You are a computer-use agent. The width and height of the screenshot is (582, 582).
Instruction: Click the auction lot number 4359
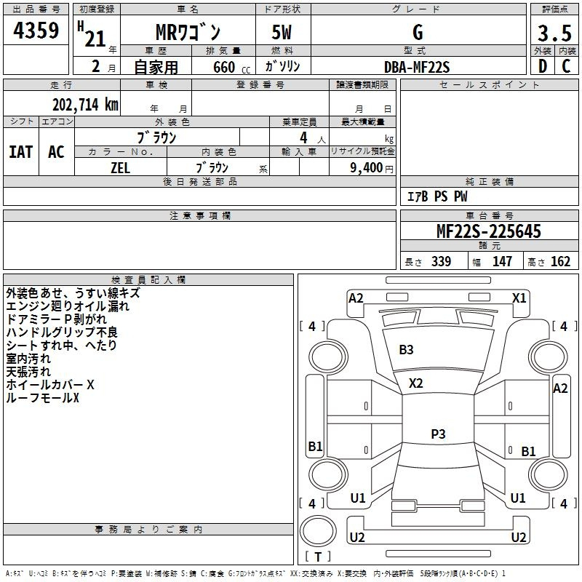[36, 31]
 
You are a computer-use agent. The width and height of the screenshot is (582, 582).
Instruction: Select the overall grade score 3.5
[553, 33]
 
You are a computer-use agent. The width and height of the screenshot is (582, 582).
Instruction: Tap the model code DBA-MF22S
[417, 67]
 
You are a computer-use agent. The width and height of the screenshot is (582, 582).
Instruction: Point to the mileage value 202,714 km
[85, 105]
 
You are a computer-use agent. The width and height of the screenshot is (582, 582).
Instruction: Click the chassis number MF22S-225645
[489, 232]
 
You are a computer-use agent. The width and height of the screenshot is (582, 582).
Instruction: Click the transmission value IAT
[20, 152]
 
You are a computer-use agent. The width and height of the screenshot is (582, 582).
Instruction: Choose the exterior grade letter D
[542, 66]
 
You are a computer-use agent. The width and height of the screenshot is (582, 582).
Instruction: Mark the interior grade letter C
[566, 66]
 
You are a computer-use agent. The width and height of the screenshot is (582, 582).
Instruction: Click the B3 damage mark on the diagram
[406, 350]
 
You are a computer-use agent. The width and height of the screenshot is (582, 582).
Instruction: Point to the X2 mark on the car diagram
[415, 383]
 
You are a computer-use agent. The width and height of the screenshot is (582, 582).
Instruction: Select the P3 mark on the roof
[438, 434]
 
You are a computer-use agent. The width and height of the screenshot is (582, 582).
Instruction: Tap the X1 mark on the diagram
[519, 298]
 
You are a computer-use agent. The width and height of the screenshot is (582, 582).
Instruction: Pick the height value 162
[560, 262]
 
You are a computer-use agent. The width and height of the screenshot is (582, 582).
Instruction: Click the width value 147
[502, 262]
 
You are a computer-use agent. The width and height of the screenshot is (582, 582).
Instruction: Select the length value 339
[441, 262]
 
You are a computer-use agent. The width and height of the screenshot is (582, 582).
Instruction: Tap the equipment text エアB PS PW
[436, 196]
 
